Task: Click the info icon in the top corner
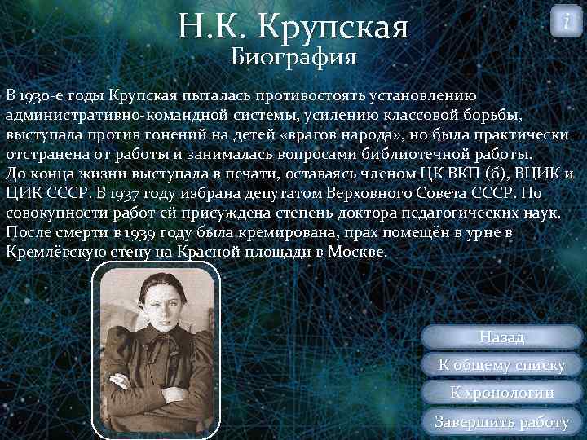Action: click(x=567, y=20)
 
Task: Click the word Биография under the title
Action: click(x=293, y=57)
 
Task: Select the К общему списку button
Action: click(x=501, y=365)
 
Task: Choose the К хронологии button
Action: click(x=501, y=393)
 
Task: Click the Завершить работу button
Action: click(x=501, y=421)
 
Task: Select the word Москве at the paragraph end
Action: click(x=356, y=251)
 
